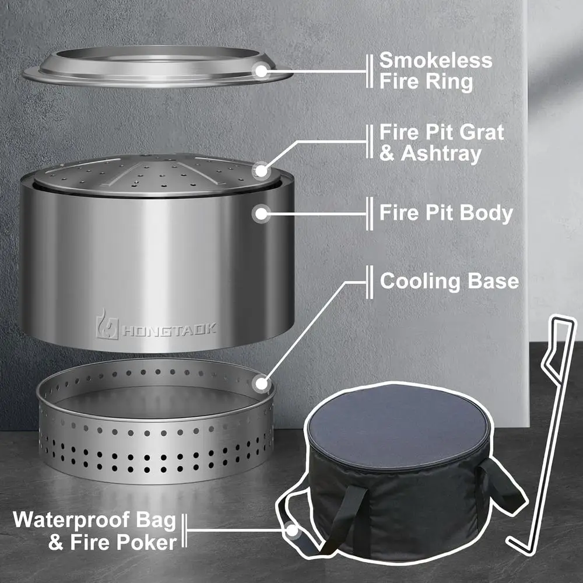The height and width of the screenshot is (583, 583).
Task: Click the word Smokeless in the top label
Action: point(436,61)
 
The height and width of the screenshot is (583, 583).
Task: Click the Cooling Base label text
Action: point(449,281)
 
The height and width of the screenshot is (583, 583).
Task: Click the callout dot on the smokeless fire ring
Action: point(261,71)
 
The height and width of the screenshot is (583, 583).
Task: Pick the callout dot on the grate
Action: point(261,171)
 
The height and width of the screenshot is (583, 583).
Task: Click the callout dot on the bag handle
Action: point(291,531)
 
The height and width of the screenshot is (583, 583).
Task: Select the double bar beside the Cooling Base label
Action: point(369,281)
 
